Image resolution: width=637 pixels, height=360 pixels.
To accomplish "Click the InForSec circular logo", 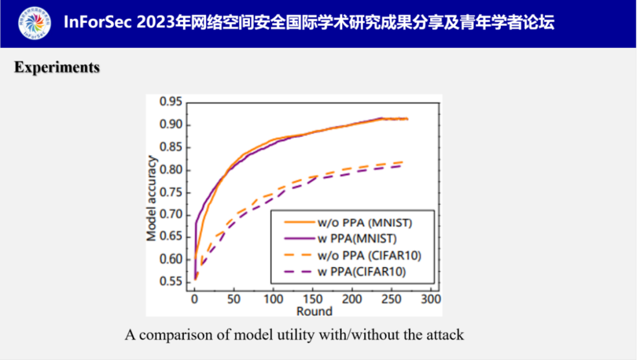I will pos(34,24).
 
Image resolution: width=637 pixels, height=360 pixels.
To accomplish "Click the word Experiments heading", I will pos(57,68).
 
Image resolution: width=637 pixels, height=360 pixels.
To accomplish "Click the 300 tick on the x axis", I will pos(431,299).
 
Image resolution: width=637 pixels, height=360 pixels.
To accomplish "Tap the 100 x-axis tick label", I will pos(273,299).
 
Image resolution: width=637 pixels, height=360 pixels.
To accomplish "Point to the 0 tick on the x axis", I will pos(194,299).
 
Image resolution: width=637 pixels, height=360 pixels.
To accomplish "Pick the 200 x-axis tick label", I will pos(352,299).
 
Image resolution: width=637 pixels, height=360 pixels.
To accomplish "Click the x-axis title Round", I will pos(314,310).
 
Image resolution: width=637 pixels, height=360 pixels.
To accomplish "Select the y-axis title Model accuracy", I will pos(152,198).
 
